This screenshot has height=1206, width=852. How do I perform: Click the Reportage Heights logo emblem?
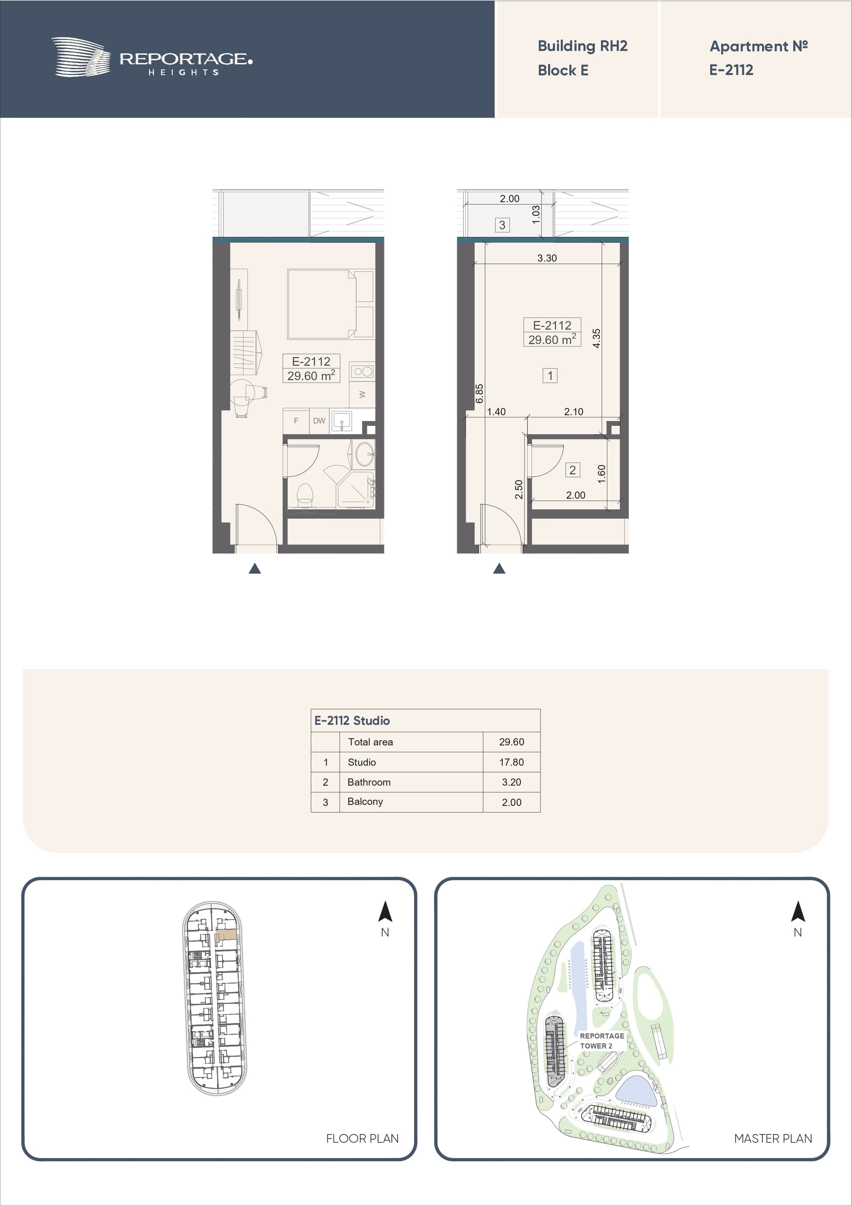(x=81, y=57)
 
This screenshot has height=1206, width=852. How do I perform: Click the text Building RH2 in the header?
(x=582, y=46)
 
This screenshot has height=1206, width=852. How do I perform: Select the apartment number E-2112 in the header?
(x=731, y=70)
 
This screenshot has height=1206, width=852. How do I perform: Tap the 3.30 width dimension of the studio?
(x=547, y=258)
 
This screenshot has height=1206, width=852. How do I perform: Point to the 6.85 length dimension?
(x=479, y=393)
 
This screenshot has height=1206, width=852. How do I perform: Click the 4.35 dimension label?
(x=596, y=338)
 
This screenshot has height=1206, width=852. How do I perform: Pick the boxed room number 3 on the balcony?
(x=502, y=225)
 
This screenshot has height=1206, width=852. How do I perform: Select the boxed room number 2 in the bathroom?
(x=573, y=470)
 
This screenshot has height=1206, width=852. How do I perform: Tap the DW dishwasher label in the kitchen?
(x=319, y=421)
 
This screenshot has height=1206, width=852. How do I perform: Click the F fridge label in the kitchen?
(x=296, y=421)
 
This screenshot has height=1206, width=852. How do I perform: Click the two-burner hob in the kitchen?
(x=363, y=371)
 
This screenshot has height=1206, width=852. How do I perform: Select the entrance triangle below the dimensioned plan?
(x=499, y=568)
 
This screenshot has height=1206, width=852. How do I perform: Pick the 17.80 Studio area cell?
(x=511, y=762)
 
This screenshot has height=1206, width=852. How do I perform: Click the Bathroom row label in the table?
(x=369, y=782)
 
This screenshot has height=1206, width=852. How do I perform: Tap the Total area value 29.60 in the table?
(x=511, y=742)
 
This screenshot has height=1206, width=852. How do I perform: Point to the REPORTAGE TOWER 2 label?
(x=602, y=1040)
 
